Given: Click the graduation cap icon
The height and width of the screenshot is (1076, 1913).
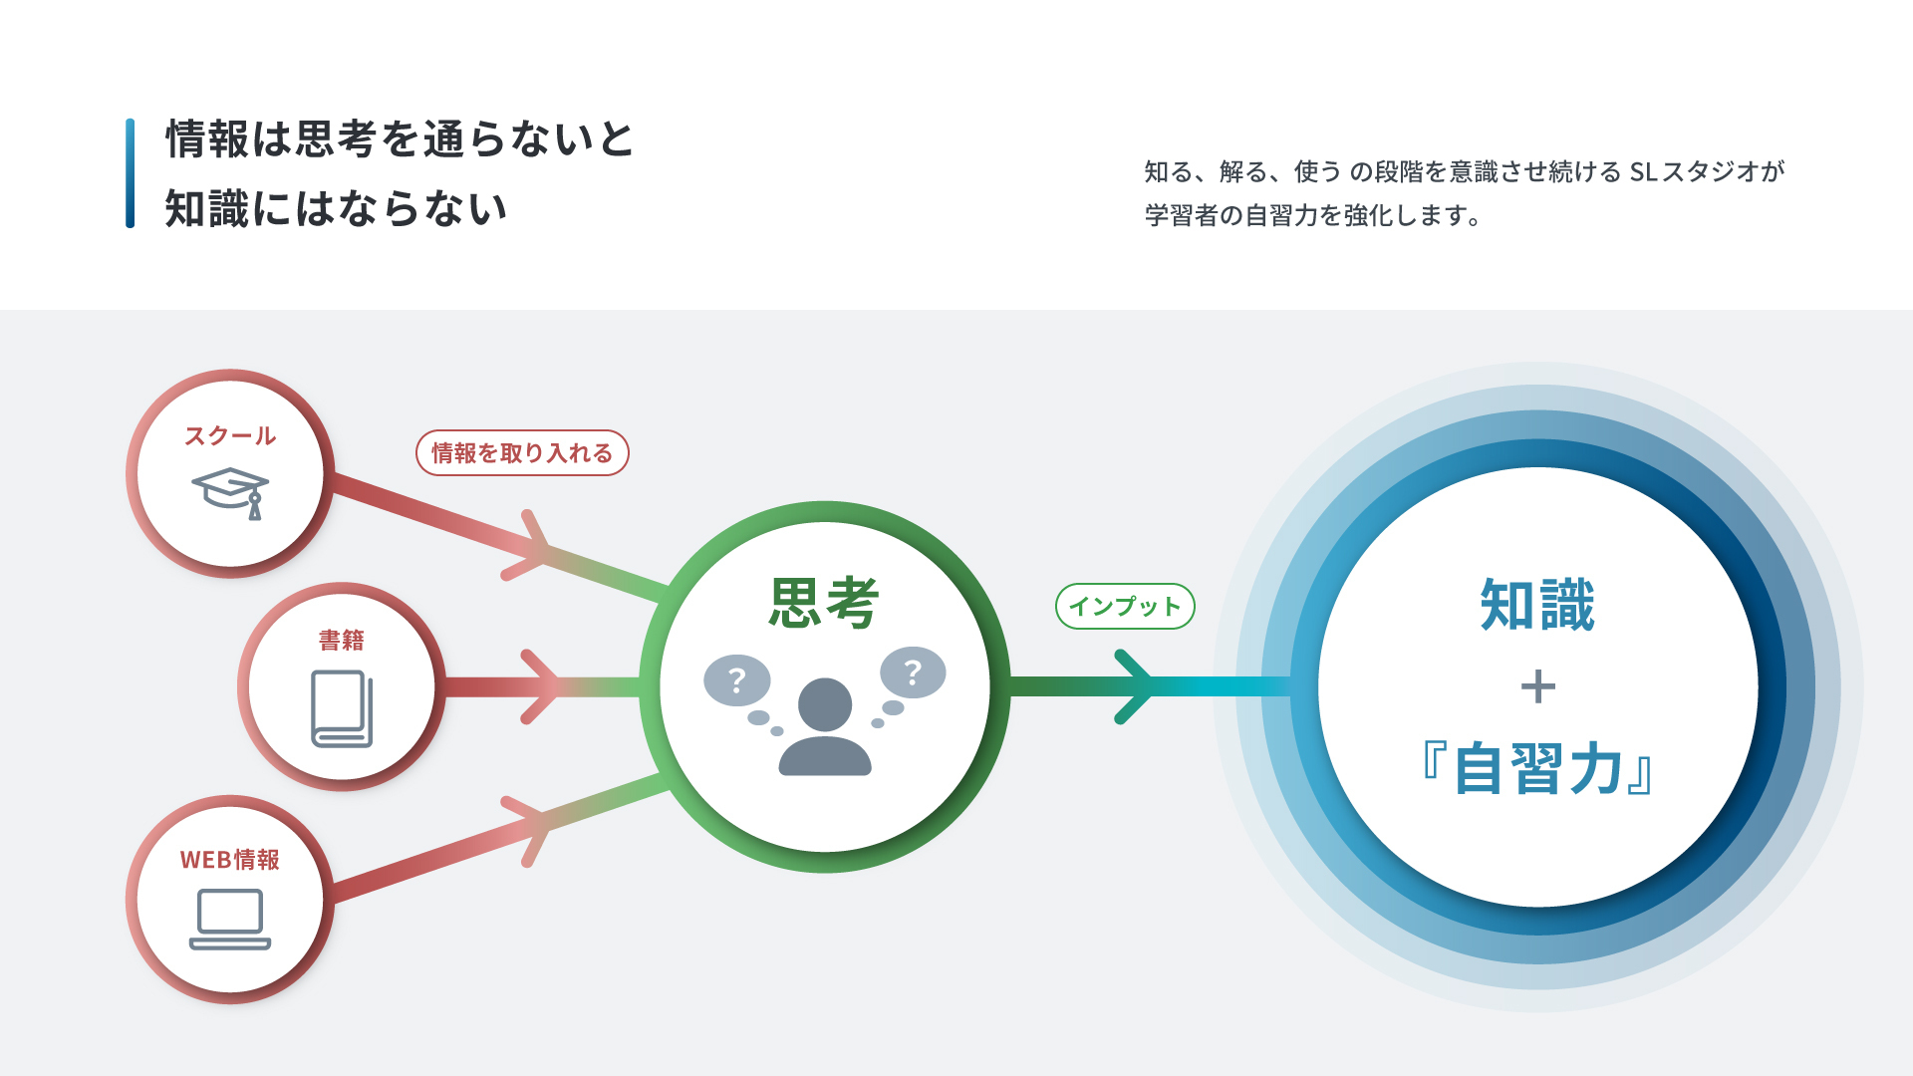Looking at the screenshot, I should (230, 492).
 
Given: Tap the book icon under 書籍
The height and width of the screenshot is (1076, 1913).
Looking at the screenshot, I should (342, 708).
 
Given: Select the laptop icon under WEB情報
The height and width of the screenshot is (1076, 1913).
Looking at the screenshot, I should (230, 919).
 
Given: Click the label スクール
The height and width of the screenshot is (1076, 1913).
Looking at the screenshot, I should (230, 436).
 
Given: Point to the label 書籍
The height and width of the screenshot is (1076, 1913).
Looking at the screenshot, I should (342, 640).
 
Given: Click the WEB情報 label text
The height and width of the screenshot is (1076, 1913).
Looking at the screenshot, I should (230, 860).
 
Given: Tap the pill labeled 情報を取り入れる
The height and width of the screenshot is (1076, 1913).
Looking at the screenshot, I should (522, 453).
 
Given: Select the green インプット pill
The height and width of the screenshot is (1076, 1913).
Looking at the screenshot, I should (1125, 606).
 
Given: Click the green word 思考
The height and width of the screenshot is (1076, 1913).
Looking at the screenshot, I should (824, 604).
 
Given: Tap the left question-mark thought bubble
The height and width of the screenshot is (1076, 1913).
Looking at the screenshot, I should (736, 681).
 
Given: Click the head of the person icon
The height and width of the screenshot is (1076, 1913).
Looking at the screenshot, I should (825, 704).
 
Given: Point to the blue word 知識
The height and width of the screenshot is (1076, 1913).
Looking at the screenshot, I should (1537, 605).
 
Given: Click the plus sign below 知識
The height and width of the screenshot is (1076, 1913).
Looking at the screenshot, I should (1537, 687).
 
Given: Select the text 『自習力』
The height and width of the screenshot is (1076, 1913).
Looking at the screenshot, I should (1537, 769).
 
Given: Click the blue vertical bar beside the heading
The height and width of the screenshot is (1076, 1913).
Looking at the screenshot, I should (131, 173).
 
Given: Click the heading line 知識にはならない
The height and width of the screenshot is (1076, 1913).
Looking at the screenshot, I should (336, 209).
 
